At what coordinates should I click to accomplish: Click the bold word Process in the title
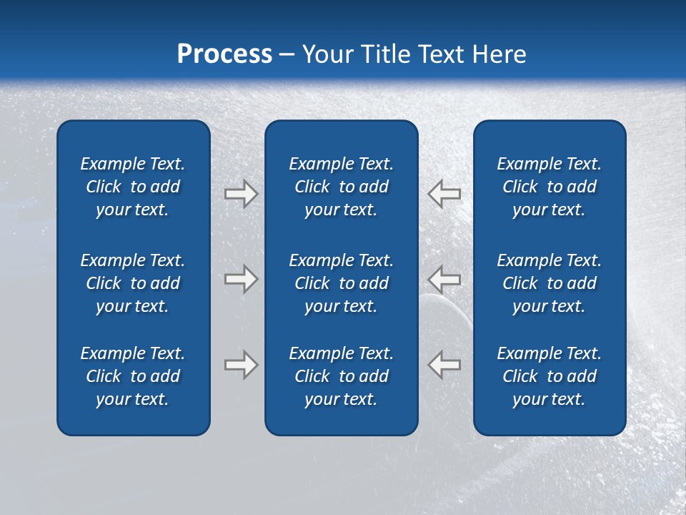click(224, 54)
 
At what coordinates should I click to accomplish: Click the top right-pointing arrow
click(241, 194)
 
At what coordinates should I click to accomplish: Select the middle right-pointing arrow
click(241, 279)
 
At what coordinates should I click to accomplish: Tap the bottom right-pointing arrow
click(241, 365)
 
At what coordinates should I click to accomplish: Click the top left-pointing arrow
click(444, 194)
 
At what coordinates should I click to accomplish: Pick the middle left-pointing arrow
click(444, 279)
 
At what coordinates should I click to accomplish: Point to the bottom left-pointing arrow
click(444, 365)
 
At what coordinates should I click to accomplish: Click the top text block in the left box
click(133, 187)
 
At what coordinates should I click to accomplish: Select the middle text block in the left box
click(133, 283)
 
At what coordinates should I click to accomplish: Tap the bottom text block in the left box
click(133, 376)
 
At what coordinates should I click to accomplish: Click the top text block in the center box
click(342, 187)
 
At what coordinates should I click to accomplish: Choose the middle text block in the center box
click(342, 283)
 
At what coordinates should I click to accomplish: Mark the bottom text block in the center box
click(342, 376)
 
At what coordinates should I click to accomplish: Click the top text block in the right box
click(550, 187)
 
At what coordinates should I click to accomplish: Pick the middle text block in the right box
click(550, 283)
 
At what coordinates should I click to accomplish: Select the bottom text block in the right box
click(550, 376)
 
